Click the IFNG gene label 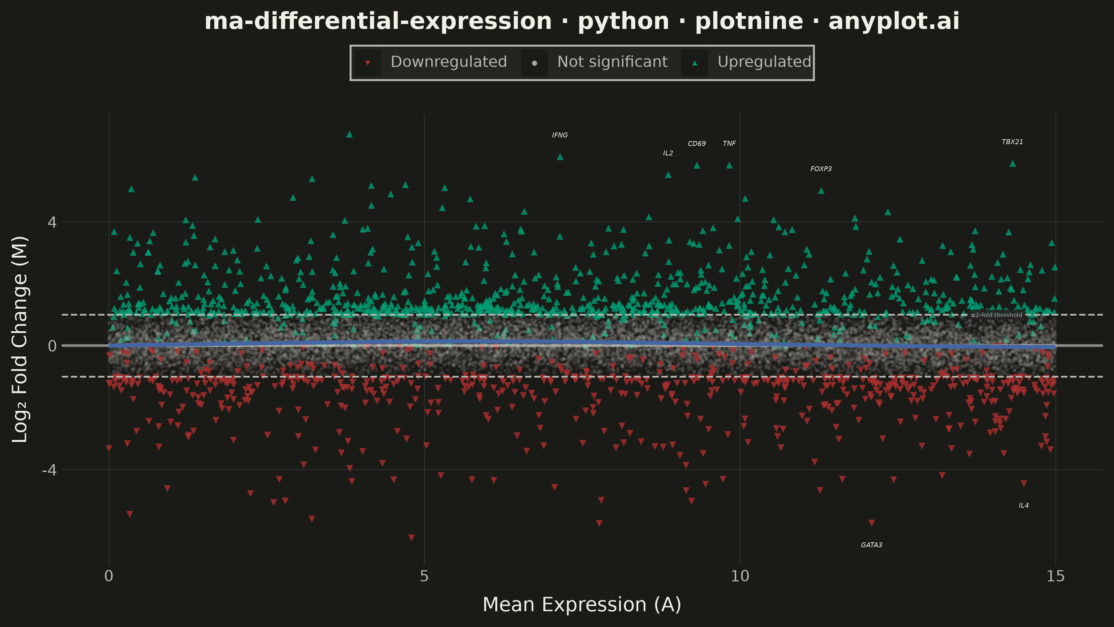[x=559, y=135]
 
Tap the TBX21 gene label [x=1012, y=142]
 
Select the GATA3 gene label [x=871, y=545]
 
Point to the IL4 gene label [x=1023, y=505]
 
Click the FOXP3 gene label [x=821, y=169]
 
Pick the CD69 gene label [x=696, y=144]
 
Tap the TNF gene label [x=729, y=144]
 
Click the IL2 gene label [x=668, y=153]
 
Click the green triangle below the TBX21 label [x=1012, y=164]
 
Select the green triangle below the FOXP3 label [x=821, y=191]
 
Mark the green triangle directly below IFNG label [x=559, y=157]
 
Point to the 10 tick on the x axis [x=739, y=576]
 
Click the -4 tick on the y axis [x=49, y=470]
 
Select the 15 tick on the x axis [x=1055, y=576]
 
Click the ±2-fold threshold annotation [x=996, y=315]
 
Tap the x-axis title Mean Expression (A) [x=582, y=604]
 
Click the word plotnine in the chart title [x=749, y=21]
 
